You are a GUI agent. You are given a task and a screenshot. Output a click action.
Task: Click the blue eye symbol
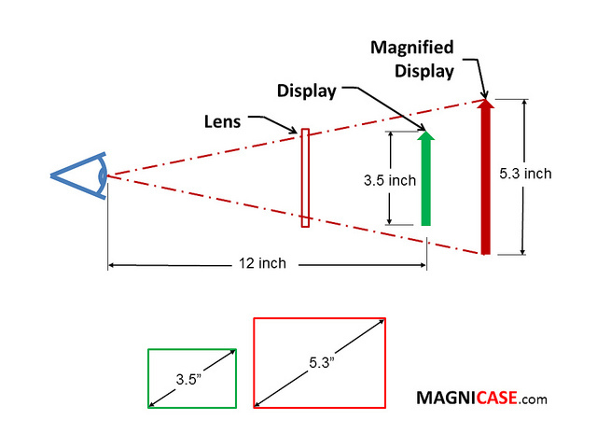pyautogui.click(x=80, y=175)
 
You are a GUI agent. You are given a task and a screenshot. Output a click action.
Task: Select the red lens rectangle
pyautogui.click(x=305, y=177)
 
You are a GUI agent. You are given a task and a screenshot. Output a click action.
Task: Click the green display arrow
pyautogui.click(x=426, y=182)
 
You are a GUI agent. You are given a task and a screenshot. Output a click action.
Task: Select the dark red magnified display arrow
pyautogui.click(x=485, y=177)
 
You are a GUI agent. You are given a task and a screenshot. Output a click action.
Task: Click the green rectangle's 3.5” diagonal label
pyautogui.click(x=192, y=380)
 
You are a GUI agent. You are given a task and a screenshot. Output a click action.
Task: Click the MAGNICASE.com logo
pyautogui.click(x=481, y=399)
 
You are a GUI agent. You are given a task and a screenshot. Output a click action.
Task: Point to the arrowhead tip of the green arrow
pyautogui.click(x=426, y=132)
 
